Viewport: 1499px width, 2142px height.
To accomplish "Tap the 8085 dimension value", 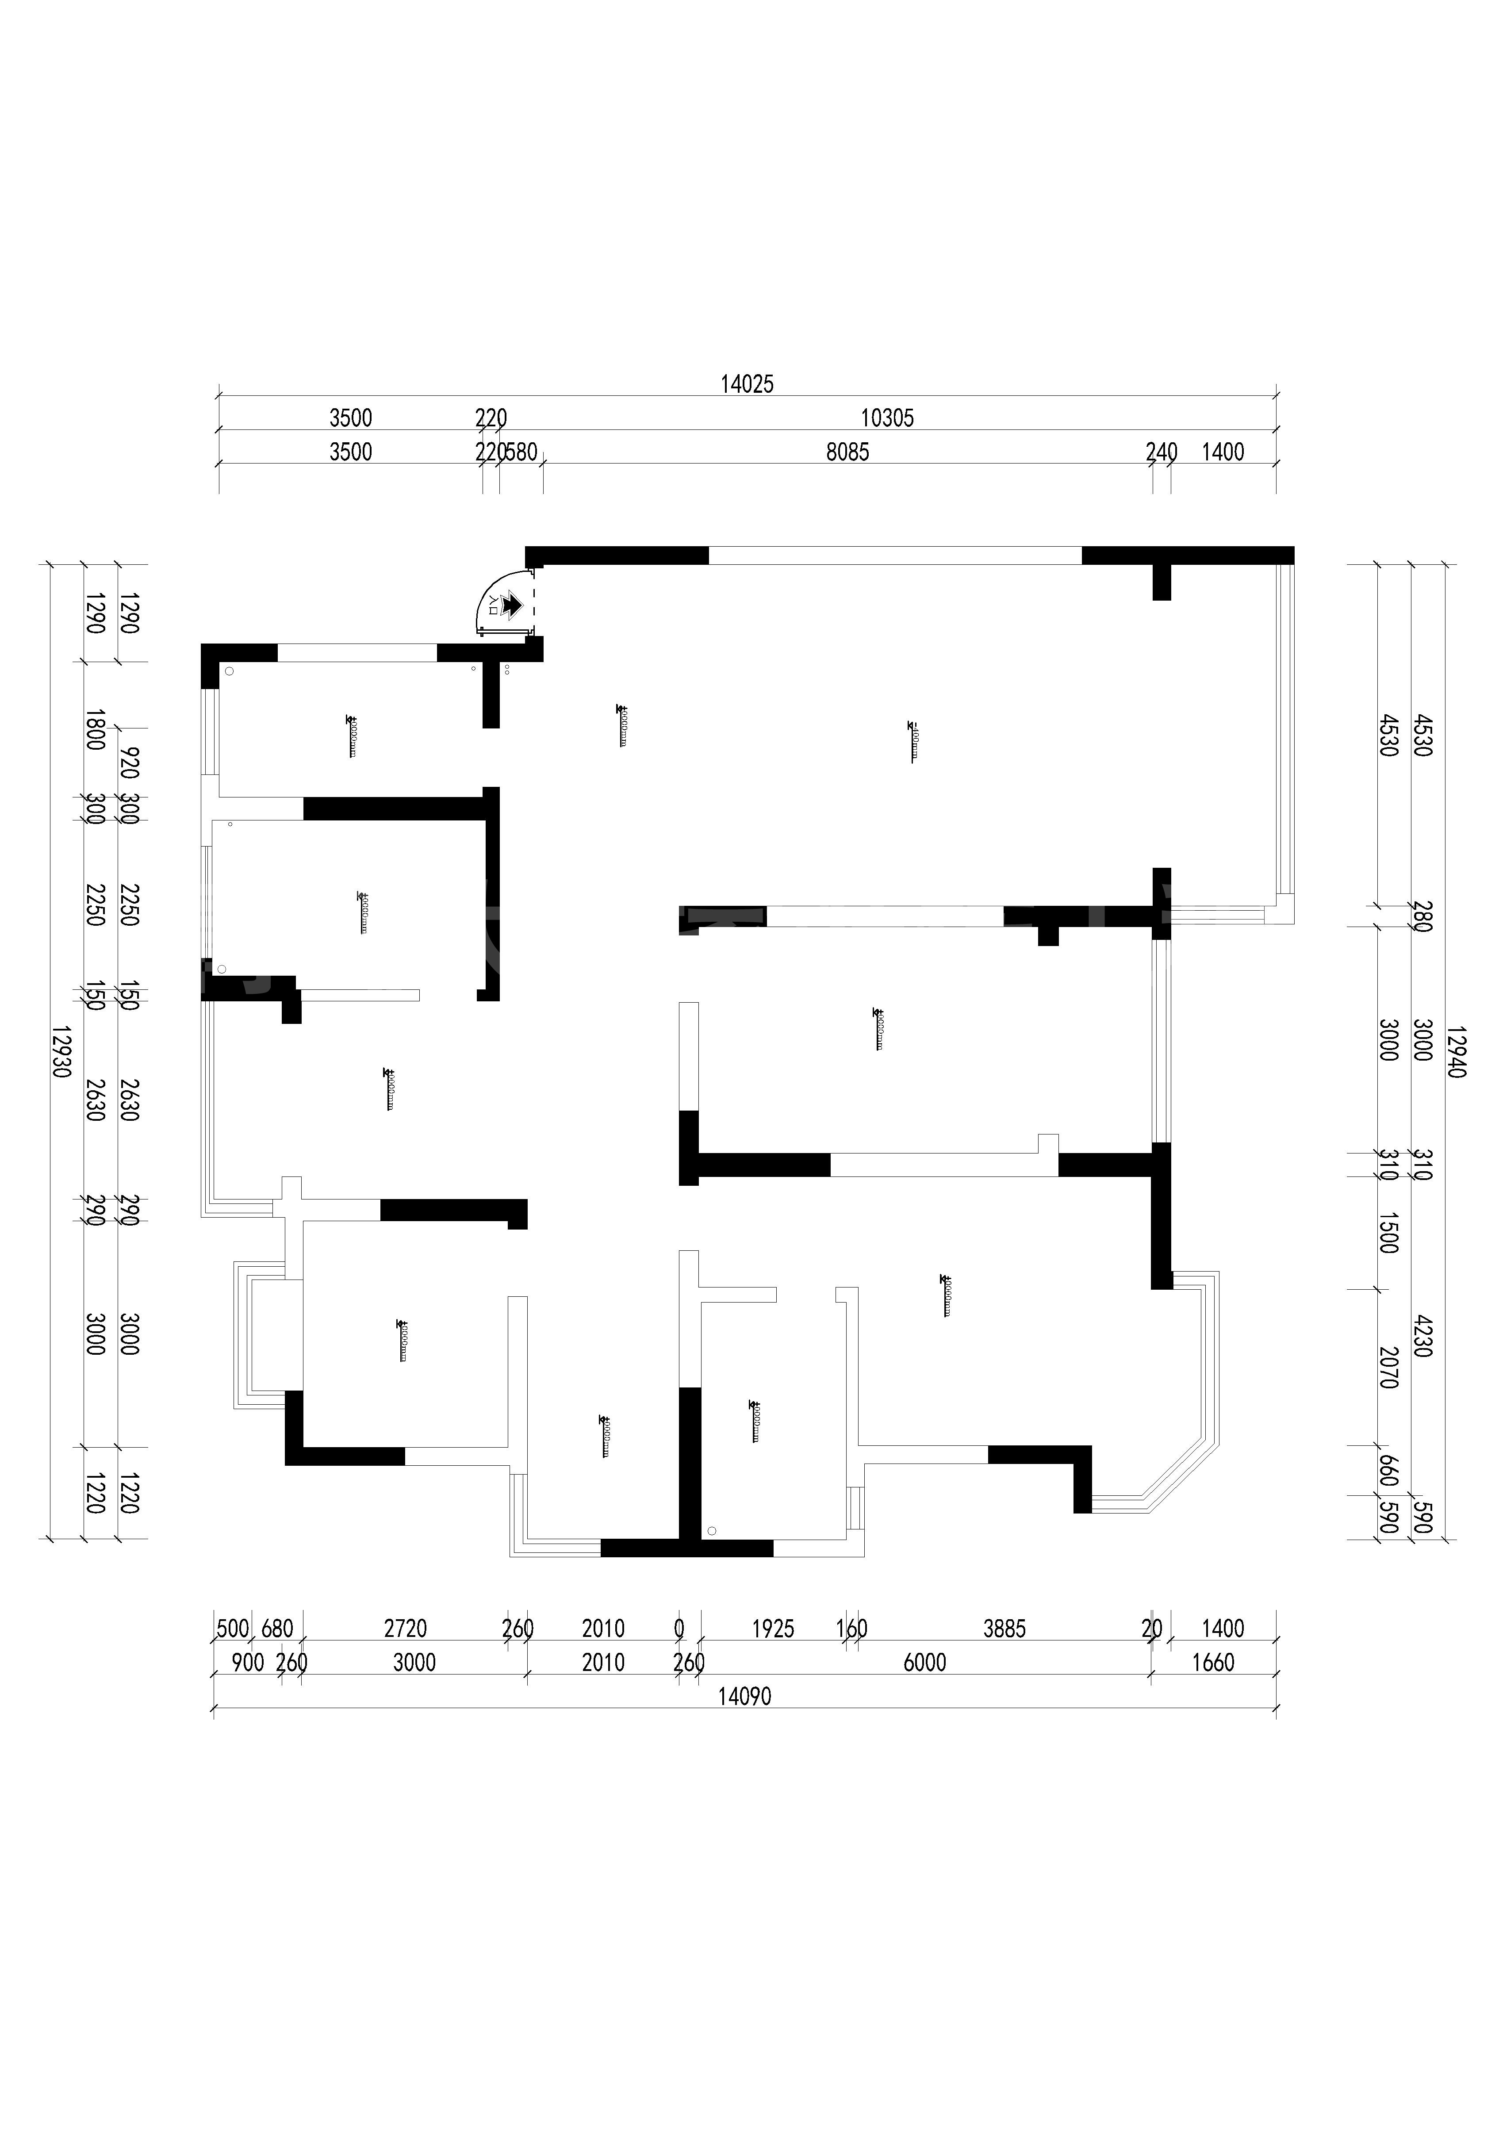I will pos(847,452).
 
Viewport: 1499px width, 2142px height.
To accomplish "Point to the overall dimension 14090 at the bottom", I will pos(744,1697).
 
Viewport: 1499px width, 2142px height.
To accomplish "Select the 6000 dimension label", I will pos(924,1663).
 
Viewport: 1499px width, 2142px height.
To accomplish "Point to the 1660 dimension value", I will pos(1213,1663).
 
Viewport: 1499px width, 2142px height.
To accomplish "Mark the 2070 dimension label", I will pos(1388,1367).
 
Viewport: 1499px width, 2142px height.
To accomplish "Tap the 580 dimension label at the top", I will pos(521,452).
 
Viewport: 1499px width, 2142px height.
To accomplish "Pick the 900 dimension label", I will pos(247,1663).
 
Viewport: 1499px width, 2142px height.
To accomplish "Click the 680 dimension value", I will pos(277,1629).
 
